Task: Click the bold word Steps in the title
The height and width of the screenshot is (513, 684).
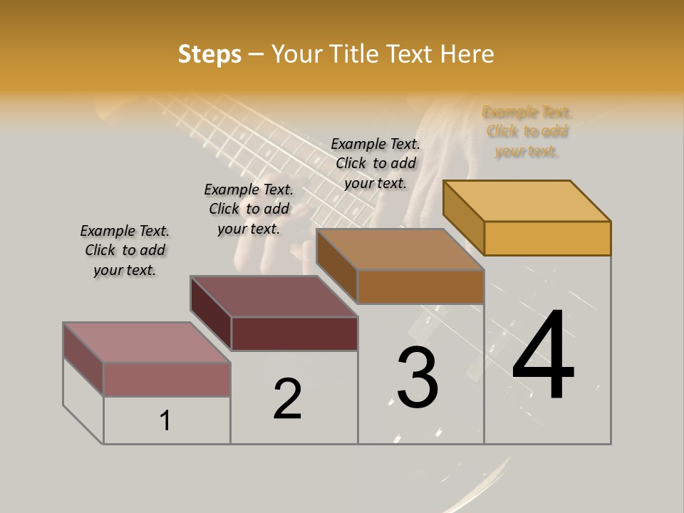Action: pyautogui.click(x=209, y=54)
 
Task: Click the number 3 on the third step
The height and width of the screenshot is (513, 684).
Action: pyautogui.click(x=418, y=377)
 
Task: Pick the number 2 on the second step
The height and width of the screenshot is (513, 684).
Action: pyautogui.click(x=287, y=398)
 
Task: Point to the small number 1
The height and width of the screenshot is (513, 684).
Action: pyautogui.click(x=165, y=420)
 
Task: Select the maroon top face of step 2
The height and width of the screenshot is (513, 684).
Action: pyautogui.click(x=274, y=296)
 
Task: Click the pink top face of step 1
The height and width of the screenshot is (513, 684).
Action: pyautogui.click(x=147, y=343)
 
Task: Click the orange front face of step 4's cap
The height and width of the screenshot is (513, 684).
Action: pyautogui.click(x=547, y=238)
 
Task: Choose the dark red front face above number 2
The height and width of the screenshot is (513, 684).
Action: pyautogui.click(x=294, y=333)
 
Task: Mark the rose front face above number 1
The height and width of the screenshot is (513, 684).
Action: pyautogui.click(x=167, y=379)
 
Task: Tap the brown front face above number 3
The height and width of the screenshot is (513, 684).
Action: pyautogui.click(x=420, y=286)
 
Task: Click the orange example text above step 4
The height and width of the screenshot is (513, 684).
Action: pyautogui.click(x=527, y=132)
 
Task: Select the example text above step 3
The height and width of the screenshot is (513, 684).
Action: pyautogui.click(x=375, y=163)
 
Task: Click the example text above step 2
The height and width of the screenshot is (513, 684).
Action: pyautogui.click(x=249, y=209)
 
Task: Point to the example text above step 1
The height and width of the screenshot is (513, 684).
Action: pyautogui.click(x=125, y=250)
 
